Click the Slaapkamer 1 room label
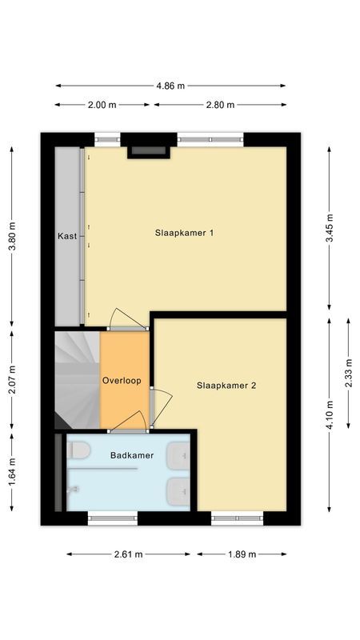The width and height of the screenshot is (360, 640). [185, 233]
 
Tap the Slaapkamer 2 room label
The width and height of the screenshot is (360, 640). [226, 385]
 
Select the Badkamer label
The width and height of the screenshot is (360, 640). [132, 455]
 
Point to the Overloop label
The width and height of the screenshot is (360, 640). [122, 380]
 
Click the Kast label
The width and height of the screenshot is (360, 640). [67, 236]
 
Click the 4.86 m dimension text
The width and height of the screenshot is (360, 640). [170, 86]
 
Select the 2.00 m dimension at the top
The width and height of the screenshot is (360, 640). [101, 105]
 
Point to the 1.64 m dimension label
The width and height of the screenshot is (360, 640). [11, 471]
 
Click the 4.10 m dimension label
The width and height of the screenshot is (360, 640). [330, 414]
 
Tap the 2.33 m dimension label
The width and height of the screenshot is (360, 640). [348, 373]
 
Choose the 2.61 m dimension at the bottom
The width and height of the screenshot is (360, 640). [128, 554]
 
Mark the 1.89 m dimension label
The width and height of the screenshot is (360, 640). [242, 554]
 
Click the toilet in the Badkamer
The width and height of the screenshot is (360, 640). [78, 451]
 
